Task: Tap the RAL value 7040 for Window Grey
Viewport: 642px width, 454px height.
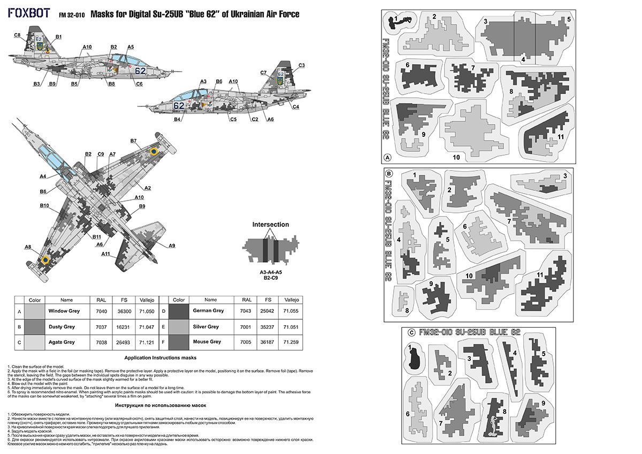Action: click(101, 311)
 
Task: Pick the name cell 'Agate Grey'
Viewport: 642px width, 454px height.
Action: click(62, 341)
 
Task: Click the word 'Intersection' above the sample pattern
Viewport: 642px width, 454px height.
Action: click(270, 225)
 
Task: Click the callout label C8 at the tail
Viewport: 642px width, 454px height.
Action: click(17, 35)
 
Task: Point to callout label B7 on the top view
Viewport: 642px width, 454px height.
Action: click(133, 141)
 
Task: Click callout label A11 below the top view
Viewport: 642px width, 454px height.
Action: click(106, 253)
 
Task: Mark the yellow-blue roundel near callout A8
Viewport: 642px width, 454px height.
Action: click(45, 260)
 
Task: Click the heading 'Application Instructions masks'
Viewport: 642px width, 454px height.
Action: click(160, 357)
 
